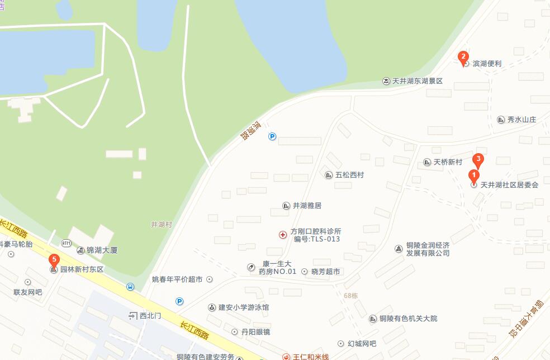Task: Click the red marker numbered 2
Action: [463, 56]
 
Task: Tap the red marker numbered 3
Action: [478, 159]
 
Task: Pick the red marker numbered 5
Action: [53, 260]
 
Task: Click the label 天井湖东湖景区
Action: [417, 81]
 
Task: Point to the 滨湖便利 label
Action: [487, 64]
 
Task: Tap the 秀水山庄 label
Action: [521, 120]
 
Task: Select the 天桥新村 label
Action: [448, 162]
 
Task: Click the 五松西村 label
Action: [349, 175]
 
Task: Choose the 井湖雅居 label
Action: [307, 206]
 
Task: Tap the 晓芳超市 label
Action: [326, 272]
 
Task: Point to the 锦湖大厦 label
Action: [101, 250]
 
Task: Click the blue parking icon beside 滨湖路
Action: [272, 136]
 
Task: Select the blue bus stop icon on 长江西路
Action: [130, 287]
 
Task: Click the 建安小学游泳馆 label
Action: [243, 307]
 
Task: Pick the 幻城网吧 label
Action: [361, 343]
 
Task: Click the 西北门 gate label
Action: [150, 316]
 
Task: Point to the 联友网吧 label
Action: [28, 292]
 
